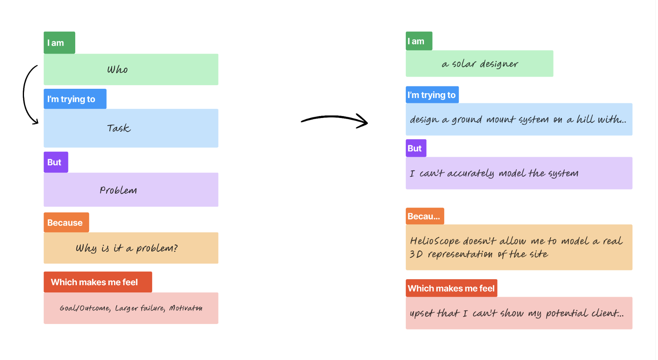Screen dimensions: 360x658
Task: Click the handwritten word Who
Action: point(117,70)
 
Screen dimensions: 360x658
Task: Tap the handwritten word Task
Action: point(118,128)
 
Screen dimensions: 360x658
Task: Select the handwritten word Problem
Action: point(118,190)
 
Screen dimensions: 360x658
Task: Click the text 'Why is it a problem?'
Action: point(126,248)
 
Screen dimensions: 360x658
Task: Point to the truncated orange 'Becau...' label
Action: point(424,216)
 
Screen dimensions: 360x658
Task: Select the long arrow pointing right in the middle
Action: point(334,120)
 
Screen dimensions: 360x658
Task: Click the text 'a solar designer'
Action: point(479,64)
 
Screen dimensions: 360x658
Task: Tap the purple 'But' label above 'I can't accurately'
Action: point(415,148)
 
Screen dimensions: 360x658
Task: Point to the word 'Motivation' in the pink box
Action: point(185,308)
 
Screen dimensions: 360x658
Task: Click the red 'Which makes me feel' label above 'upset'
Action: point(451,288)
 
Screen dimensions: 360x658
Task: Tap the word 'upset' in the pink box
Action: point(421,313)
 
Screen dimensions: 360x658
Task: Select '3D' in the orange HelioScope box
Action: point(416,254)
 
